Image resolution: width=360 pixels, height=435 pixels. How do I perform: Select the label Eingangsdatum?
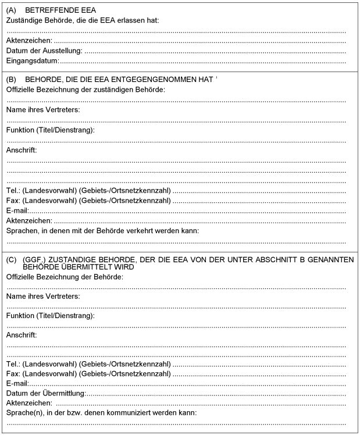point(33,60)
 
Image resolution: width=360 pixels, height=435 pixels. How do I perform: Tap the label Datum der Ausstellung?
point(44,51)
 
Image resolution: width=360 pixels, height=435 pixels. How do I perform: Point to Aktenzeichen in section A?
point(28,41)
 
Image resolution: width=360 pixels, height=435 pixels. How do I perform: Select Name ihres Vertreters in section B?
point(43,110)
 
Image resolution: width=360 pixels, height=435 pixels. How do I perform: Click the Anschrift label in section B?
point(22,151)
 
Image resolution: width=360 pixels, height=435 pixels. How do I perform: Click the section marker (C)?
point(11,259)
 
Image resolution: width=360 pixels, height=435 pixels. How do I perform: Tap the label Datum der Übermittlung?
point(45,394)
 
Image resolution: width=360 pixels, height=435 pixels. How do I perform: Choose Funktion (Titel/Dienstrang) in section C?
point(50,315)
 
